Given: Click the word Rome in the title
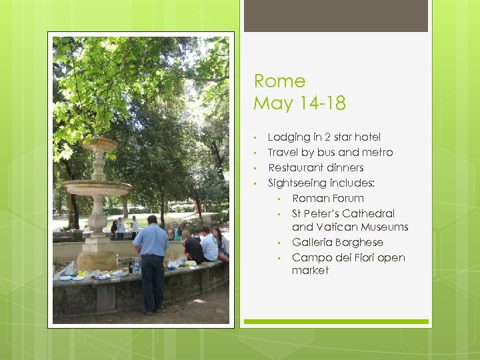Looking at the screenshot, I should point(279,81).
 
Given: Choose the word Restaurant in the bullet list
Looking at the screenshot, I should point(294,167).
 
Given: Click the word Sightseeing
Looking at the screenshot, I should point(297,183).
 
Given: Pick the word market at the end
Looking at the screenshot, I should point(310,270).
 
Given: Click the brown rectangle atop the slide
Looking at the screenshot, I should point(335,15).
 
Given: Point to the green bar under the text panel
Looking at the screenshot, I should point(335,321).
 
